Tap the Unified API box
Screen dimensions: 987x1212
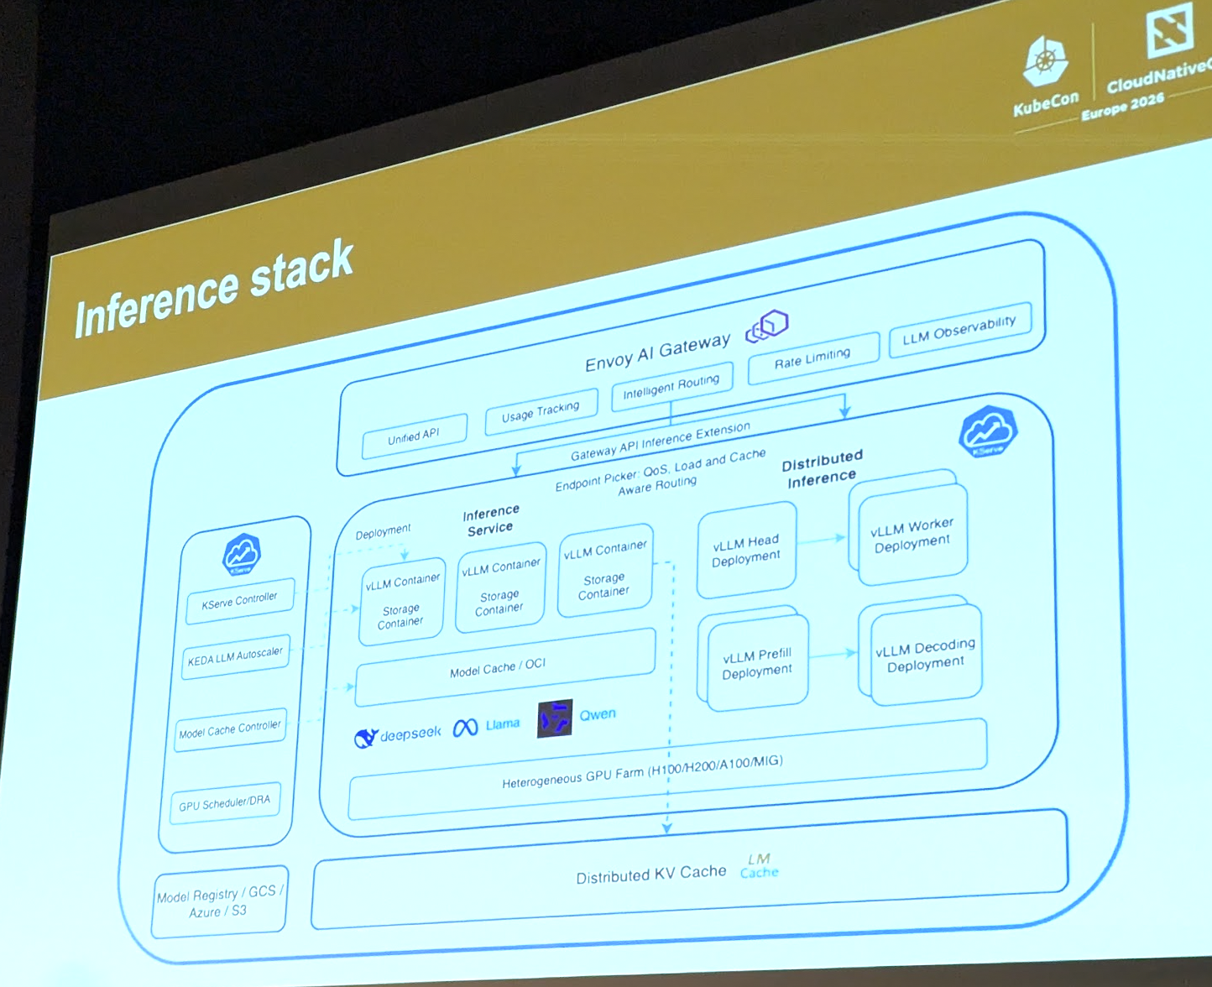coord(414,436)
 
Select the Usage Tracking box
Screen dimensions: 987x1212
coord(541,411)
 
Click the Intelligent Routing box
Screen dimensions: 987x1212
coord(671,386)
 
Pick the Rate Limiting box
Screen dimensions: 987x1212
coord(812,358)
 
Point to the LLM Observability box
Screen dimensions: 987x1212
coord(959,330)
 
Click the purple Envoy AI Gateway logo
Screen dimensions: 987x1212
coord(767,326)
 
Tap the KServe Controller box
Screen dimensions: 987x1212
coord(240,601)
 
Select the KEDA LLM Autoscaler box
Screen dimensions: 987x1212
coord(236,656)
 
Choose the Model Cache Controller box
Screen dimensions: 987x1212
coord(231,729)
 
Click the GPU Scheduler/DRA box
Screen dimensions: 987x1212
coord(225,803)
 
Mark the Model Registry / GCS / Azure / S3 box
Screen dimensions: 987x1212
coord(220,902)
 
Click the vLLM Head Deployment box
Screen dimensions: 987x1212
coord(746,550)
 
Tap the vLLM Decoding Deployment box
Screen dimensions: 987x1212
coord(926,655)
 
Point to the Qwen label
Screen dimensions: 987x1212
coord(598,714)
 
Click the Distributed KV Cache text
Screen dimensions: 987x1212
coord(650,875)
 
